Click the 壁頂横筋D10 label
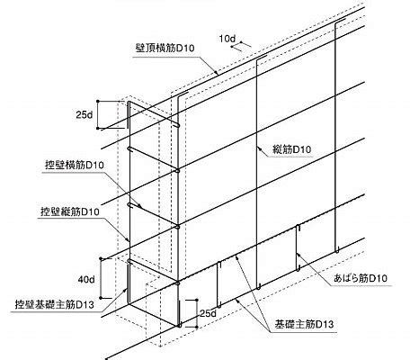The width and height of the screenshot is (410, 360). pos(165,48)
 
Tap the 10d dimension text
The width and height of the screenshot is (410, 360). pos(227,39)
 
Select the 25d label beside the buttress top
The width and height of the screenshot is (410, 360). pos(85,114)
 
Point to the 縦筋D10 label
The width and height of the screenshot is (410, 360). pos(292,149)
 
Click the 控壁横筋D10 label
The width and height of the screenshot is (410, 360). pos(75,166)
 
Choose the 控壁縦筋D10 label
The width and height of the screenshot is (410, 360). pos(70,212)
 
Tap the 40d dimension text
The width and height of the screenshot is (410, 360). pos(86,280)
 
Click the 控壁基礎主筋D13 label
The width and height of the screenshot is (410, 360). pos(55,304)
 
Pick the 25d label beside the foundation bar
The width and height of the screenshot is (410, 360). pos(208,313)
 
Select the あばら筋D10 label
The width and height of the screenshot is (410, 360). pos(361,278)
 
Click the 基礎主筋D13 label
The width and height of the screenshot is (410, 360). pos(304,324)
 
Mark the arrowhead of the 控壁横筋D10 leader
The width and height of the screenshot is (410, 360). pos(140,206)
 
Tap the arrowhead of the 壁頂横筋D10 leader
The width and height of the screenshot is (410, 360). pos(215,72)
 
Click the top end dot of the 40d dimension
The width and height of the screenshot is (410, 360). pos(102,258)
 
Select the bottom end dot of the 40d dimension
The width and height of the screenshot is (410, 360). pos(102,298)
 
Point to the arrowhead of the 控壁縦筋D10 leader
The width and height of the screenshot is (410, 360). pos(129,240)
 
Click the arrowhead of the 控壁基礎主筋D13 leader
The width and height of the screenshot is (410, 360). pos(127,289)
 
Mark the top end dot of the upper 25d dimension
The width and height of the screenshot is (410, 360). pos(98,102)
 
